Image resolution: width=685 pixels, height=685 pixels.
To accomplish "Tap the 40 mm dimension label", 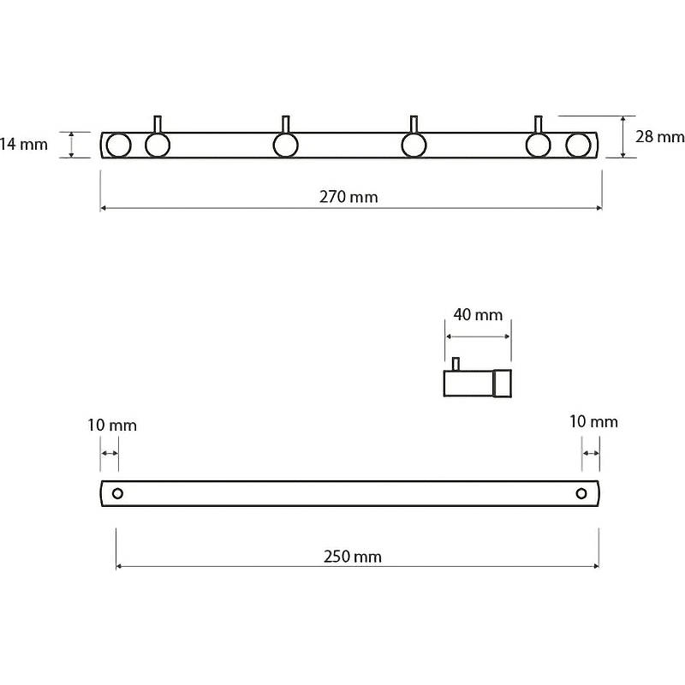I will (478, 314).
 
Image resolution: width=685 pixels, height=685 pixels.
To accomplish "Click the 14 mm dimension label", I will (24, 144).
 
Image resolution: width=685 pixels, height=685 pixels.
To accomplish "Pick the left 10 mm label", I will (111, 425).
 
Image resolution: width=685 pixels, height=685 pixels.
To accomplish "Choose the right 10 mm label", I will (593, 421).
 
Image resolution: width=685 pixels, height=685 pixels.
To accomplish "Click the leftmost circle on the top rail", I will (118, 145).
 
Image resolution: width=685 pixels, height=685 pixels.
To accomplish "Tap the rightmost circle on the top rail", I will (579, 145).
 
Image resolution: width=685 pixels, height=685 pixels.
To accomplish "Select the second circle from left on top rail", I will (158, 145).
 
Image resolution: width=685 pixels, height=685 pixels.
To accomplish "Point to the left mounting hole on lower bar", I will (118, 493).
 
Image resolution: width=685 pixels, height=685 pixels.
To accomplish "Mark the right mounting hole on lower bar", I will (581, 493).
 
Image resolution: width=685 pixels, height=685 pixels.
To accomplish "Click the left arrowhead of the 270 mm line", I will (104, 208).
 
